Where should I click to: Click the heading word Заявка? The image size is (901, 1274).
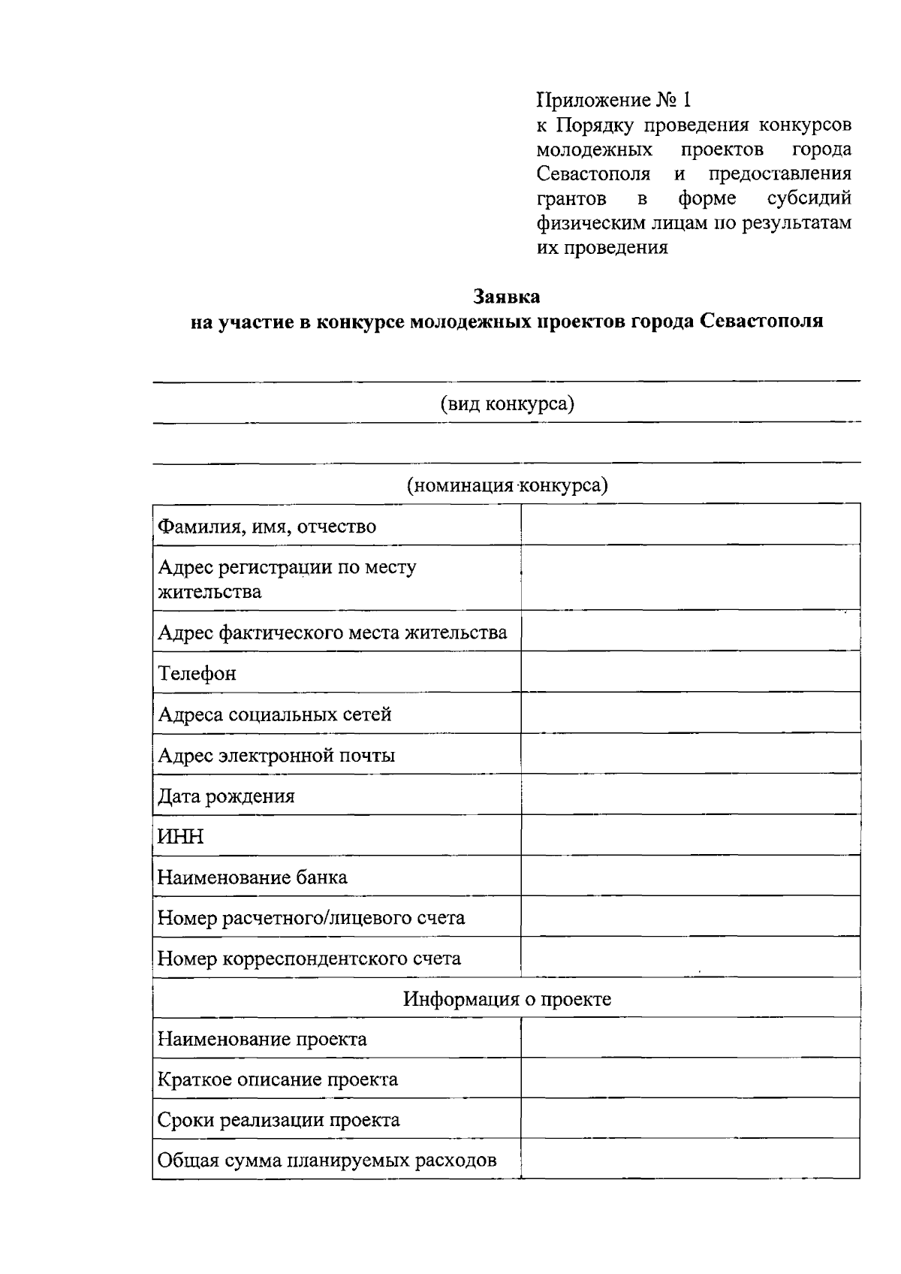[x=506, y=297]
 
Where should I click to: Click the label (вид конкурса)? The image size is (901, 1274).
[x=507, y=404]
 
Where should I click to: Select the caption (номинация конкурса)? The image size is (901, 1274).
[x=507, y=485]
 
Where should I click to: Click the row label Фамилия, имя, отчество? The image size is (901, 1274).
[x=267, y=526]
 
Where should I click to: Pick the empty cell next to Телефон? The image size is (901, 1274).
[x=690, y=672]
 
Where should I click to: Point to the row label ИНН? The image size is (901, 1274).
[x=180, y=836]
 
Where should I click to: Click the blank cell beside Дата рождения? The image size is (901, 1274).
[x=690, y=795]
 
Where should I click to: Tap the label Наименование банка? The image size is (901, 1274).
[x=252, y=877]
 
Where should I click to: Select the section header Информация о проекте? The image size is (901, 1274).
[x=507, y=998]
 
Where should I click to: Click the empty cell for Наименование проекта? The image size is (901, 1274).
[x=690, y=1038]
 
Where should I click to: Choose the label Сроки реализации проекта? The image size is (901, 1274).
[x=279, y=1119]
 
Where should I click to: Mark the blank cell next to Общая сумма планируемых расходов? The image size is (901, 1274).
[x=690, y=1160]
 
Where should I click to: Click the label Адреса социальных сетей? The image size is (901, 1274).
[x=275, y=714]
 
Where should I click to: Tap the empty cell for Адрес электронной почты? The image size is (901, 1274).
[x=690, y=754]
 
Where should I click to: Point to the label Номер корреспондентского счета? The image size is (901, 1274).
[x=309, y=958]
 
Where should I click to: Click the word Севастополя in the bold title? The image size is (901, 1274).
[x=761, y=322]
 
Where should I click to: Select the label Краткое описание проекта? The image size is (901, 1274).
[x=278, y=1079]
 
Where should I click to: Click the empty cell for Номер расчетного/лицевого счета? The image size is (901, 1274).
[x=690, y=916]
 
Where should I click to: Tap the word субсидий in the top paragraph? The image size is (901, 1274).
[x=809, y=198]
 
